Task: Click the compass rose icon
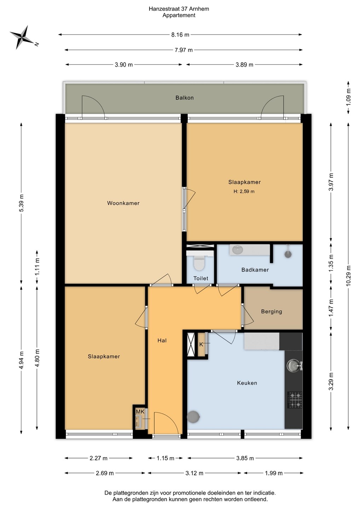point(22,37)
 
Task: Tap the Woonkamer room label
point(123,203)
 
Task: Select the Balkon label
point(184,98)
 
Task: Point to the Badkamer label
point(255,270)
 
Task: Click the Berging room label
point(271,311)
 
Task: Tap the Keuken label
point(247,383)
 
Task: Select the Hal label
point(162,340)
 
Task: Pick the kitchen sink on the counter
point(294,365)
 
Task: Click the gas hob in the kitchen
point(295,399)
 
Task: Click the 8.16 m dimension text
point(180,35)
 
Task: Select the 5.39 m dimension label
point(21,203)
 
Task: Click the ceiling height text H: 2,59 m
point(244,192)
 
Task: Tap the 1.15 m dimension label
point(165,458)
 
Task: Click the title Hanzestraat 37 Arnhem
point(179,9)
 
